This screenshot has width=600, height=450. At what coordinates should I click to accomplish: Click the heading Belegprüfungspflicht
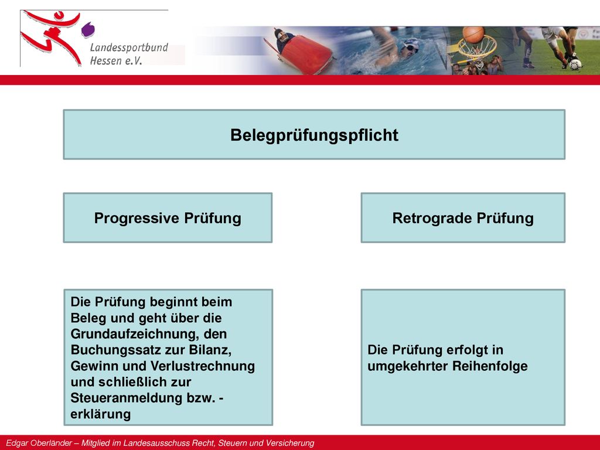[x=314, y=135]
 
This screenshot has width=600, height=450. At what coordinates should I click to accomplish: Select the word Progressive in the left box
[x=137, y=219]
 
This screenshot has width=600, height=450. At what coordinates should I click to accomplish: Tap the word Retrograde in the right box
[x=432, y=219]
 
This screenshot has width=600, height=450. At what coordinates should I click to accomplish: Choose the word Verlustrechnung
[x=203, y=366]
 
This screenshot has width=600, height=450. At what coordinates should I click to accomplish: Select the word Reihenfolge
[x=490, y=366]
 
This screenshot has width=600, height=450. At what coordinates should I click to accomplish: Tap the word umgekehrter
[x=408, y=366]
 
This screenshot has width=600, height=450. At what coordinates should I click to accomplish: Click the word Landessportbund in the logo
[x=129, y=47]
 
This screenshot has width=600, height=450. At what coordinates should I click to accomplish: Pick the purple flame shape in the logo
[x=88, y=30]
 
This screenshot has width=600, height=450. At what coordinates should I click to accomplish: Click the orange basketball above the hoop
[x=473, y=35]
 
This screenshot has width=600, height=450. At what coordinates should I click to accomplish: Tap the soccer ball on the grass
[x=575, y=64]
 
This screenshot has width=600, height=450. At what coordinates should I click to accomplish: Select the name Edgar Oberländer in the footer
[x=39, y=443]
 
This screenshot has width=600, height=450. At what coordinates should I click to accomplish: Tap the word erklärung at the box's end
[x=101, y=414]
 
